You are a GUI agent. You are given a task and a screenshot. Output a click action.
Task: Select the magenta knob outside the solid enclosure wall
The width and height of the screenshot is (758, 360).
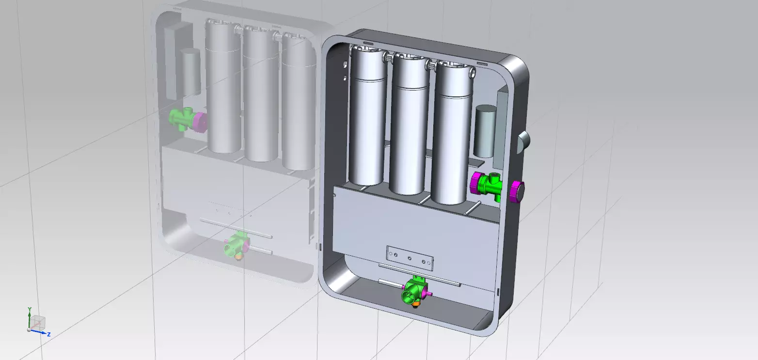click(x=517, y=191)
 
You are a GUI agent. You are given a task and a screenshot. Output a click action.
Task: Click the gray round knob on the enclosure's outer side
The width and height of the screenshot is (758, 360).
click(x=523, y=141)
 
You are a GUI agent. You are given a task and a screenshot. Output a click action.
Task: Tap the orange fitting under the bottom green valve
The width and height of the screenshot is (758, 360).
click(x=416, y=304)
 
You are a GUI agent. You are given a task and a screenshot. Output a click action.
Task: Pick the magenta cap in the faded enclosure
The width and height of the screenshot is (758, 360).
click(x=199, y=122)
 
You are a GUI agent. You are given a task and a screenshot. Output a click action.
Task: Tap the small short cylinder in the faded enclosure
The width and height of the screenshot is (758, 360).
click(x=190, y=71)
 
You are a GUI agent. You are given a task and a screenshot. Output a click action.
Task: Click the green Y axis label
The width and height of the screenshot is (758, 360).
click(x=30, y=309)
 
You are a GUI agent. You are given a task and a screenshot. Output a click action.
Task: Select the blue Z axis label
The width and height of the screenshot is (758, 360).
click(x=49, y=334)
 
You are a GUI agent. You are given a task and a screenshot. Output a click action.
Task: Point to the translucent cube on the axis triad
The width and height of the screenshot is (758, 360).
click(x=39, y=321)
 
